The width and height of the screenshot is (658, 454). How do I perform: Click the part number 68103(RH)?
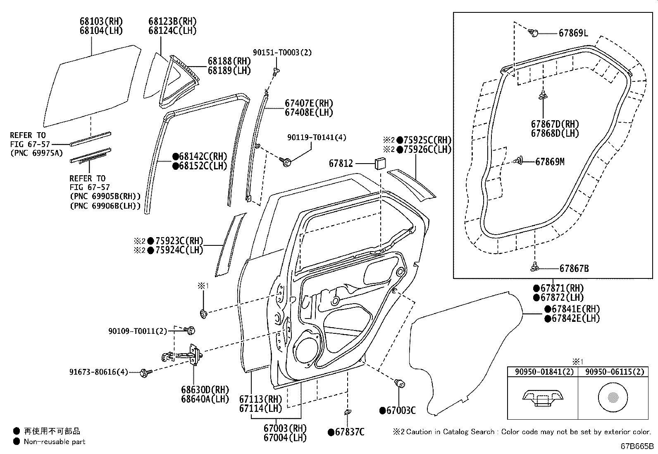(x=101, y=21)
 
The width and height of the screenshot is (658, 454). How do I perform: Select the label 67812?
(x=341, y=164)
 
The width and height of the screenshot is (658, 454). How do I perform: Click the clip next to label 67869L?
(x=534, y=33)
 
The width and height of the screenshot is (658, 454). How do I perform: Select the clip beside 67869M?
(x=520, y=162)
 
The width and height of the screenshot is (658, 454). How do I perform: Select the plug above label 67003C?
(x=400, y=383)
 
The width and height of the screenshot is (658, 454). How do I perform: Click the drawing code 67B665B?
(x=637, y=447)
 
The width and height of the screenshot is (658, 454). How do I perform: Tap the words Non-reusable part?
(x=55, y=442)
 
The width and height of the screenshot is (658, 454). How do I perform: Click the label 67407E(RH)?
(x=308, y=103)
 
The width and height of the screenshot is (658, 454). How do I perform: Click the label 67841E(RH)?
(x=576, y=309)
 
